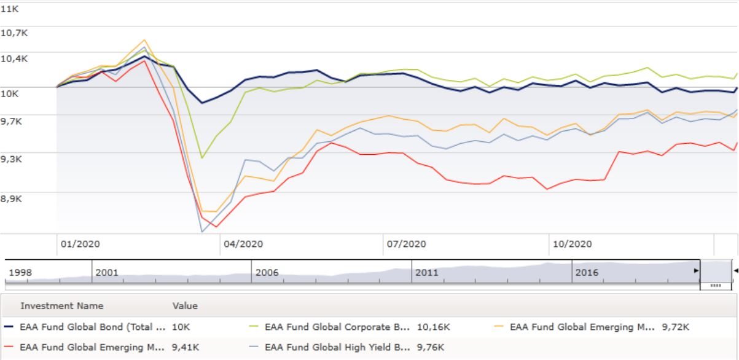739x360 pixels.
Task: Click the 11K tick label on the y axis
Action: tap(10, 10)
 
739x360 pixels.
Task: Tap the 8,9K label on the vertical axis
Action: tap(14, 198)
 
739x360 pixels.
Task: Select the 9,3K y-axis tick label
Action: tap(14, 158)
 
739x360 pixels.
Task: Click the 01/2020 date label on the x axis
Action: tap(80, 244)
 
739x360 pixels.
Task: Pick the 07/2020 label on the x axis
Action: tap(406, 244)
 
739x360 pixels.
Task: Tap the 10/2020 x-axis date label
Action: tap(571, 244)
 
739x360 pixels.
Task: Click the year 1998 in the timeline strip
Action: tap(20, 272)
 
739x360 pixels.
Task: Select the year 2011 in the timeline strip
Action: tap(426, 272)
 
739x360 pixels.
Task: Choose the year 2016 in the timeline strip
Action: tap(587, 272)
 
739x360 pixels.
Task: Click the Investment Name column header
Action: tap(62, 305)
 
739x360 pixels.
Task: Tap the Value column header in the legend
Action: tap(185, 305)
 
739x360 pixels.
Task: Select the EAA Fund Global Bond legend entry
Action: tap(93, 327)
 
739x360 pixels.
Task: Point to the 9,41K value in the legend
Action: tap(186, 347)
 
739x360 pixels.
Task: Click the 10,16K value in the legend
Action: tap(433, 327)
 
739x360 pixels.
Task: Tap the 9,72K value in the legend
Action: tap(676, 327)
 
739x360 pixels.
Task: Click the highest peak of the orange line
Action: tap(144, 40)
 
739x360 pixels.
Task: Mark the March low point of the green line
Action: tap(201, 158)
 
